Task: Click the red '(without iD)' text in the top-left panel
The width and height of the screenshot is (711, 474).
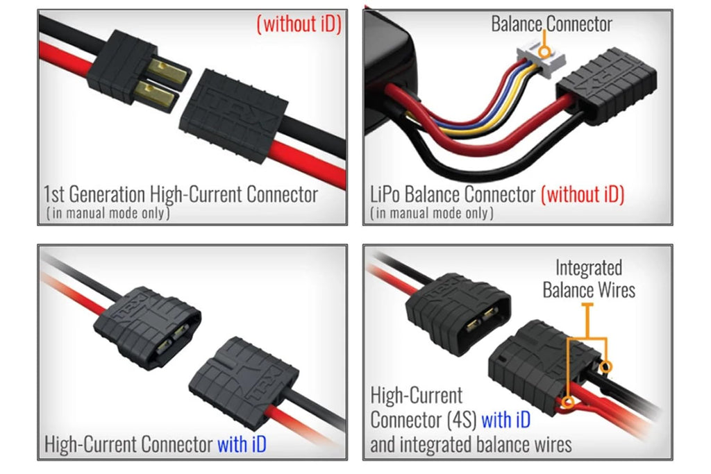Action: pyautogui.click(x=299, y=24)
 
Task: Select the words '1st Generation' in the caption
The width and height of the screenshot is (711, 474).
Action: pyautogui.click(x=94, y=194)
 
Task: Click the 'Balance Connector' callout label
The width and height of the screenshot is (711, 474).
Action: pyautogui.click(x=551, y=24)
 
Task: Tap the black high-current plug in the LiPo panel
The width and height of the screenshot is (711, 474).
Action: pyautogui.click(x=607, y=85)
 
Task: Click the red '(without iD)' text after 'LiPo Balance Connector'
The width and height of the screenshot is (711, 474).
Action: pyautogui.click(x=583, y=194)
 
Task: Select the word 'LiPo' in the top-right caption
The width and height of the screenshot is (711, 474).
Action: pyautogui.click(x=385, y=194)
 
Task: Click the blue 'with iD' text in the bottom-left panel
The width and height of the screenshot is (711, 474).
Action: pyautogui.click(x=242, y=444)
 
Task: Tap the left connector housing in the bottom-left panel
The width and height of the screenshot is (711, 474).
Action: pyautogui.click(x=147, y=326)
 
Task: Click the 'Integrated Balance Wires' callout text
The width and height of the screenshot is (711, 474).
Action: pyautogui.click(x=589, y=279)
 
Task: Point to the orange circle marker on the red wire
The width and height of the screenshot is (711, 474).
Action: pyautogui.click(x=568, y=402)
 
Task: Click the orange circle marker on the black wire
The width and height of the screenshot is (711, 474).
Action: pyautogui.click(x=605, y=366)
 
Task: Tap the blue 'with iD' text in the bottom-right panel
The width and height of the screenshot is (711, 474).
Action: pyautogui.click(x=505, y=420)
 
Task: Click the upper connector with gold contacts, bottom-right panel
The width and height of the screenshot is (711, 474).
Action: pyautogui.click(x=458, y=313)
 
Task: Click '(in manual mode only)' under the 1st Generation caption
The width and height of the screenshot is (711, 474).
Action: pyautogui.click(x=108, y=213)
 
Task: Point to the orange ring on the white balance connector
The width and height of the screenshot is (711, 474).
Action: pyautogui.click(x=544, y=51)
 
